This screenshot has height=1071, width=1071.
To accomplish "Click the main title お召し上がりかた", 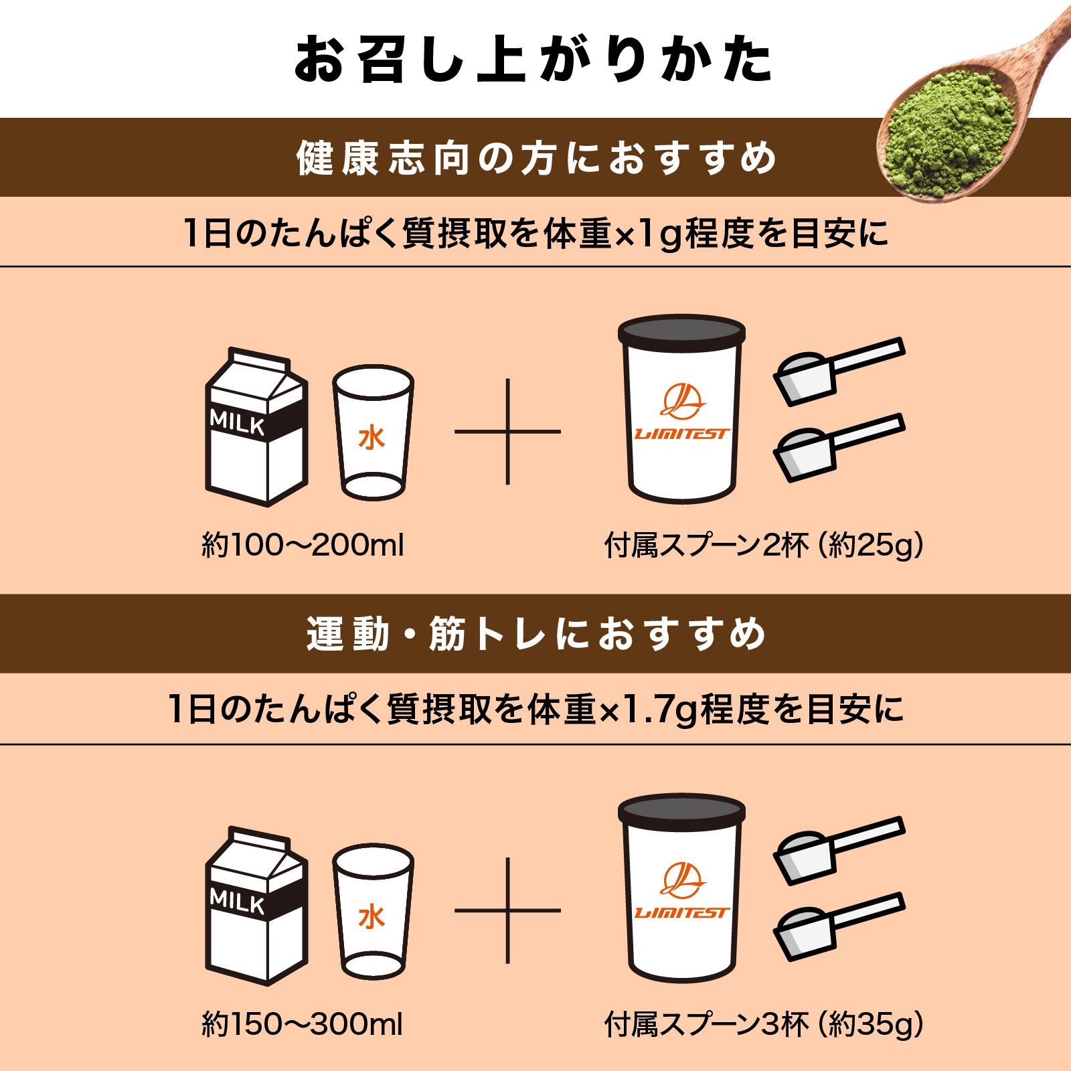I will (534, 60).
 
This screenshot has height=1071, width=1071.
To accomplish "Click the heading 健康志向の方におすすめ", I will (535, 159).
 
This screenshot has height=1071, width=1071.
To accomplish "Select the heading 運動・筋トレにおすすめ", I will (535, 634).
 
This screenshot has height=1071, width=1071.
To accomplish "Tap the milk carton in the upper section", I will (256, 428).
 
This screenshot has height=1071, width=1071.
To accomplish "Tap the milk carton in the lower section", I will (256, 907).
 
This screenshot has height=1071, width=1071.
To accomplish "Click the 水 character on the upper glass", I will (372, 438).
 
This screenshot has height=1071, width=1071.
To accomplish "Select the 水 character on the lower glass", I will (372, 916).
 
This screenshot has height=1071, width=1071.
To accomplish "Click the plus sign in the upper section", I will (507, 432).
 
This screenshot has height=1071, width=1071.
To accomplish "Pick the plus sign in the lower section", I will (507, 910).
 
